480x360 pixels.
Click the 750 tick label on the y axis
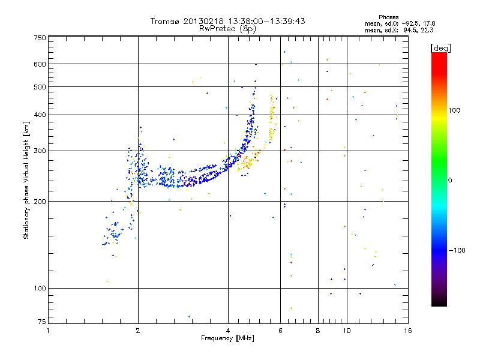[x=40, y=37]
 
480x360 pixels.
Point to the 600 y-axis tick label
[x=40, y=64]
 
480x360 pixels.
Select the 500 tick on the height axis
[x=40, y=87]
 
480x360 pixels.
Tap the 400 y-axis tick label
[x=40, y=115]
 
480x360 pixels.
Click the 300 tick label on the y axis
[x=40, y=151]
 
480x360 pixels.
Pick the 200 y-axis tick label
[x=40, y=202]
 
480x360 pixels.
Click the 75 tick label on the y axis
[x=41, y=322]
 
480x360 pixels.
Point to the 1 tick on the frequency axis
[x=48, y=330]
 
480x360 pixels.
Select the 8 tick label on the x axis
[x=318, y=330]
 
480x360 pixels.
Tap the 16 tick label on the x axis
[x=407, y=330]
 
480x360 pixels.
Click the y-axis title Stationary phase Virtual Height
[x=26, y=180]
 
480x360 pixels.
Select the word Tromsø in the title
[x=166, y=21]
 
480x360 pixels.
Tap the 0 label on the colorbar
[x=450, y=180]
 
